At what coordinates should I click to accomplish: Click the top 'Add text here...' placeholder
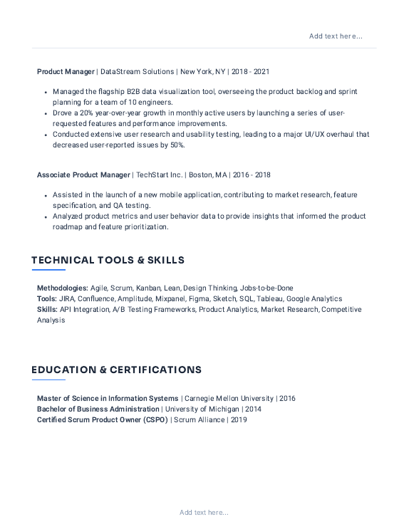coord(336,36)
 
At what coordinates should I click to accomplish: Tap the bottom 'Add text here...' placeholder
coord(204,512)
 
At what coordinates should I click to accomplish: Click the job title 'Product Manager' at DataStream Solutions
coord(66,72)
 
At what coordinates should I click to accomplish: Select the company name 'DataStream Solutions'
coord(136,72)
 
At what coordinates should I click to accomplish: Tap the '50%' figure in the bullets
coord(177,145)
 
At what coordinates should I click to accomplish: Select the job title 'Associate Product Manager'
coord(83,175)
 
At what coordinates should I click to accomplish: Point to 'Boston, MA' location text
coord(207,175)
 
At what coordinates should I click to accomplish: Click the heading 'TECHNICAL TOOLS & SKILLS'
coord(108,261)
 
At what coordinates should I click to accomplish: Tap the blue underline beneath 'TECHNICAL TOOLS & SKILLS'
coord(48,271)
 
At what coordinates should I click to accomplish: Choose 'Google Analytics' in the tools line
coord(315,299)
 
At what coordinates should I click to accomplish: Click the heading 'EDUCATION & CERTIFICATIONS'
coord(116,370)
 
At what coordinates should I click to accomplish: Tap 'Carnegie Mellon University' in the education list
coord(228,399)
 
